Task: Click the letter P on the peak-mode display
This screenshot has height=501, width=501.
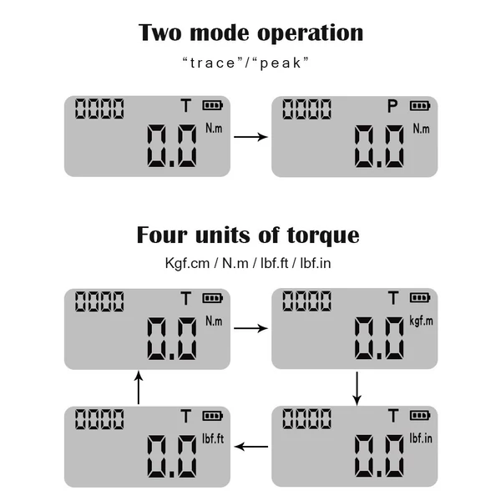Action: tap(392, 106)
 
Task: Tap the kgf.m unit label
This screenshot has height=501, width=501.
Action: tap(421, 321)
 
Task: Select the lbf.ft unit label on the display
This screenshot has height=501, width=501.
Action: tap(213, 438)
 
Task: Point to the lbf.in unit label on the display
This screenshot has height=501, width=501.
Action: tap(421, 438)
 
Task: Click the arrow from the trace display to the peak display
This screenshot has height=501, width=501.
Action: tap(250, 137)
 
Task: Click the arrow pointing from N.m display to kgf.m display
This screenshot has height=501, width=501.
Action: tap(250, 328)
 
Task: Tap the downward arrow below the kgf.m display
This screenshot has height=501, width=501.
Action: tap(357, 388)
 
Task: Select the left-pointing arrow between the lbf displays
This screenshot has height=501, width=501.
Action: tap(251, 447)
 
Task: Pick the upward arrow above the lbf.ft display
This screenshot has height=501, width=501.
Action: tap(139, 387)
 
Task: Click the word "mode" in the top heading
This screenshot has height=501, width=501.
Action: tap(220, 33)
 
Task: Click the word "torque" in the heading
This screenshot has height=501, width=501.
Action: tap(323, 235)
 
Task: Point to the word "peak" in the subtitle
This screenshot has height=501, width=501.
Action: tap(281, 63)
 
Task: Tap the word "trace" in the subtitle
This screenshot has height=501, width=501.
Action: tap(212, 63)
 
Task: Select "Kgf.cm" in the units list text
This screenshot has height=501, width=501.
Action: tap(187, 263)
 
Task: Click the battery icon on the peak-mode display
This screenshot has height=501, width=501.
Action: tap(420, 105)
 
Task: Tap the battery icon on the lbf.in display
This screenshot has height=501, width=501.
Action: tap(420, 415)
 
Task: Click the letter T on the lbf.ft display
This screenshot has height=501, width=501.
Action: tap(185, 416)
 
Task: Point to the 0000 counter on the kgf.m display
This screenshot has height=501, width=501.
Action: tap(306, 301)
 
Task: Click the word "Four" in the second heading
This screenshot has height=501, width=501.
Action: tap(162, 235)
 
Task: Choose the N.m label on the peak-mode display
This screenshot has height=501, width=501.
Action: tap(421, 129)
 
